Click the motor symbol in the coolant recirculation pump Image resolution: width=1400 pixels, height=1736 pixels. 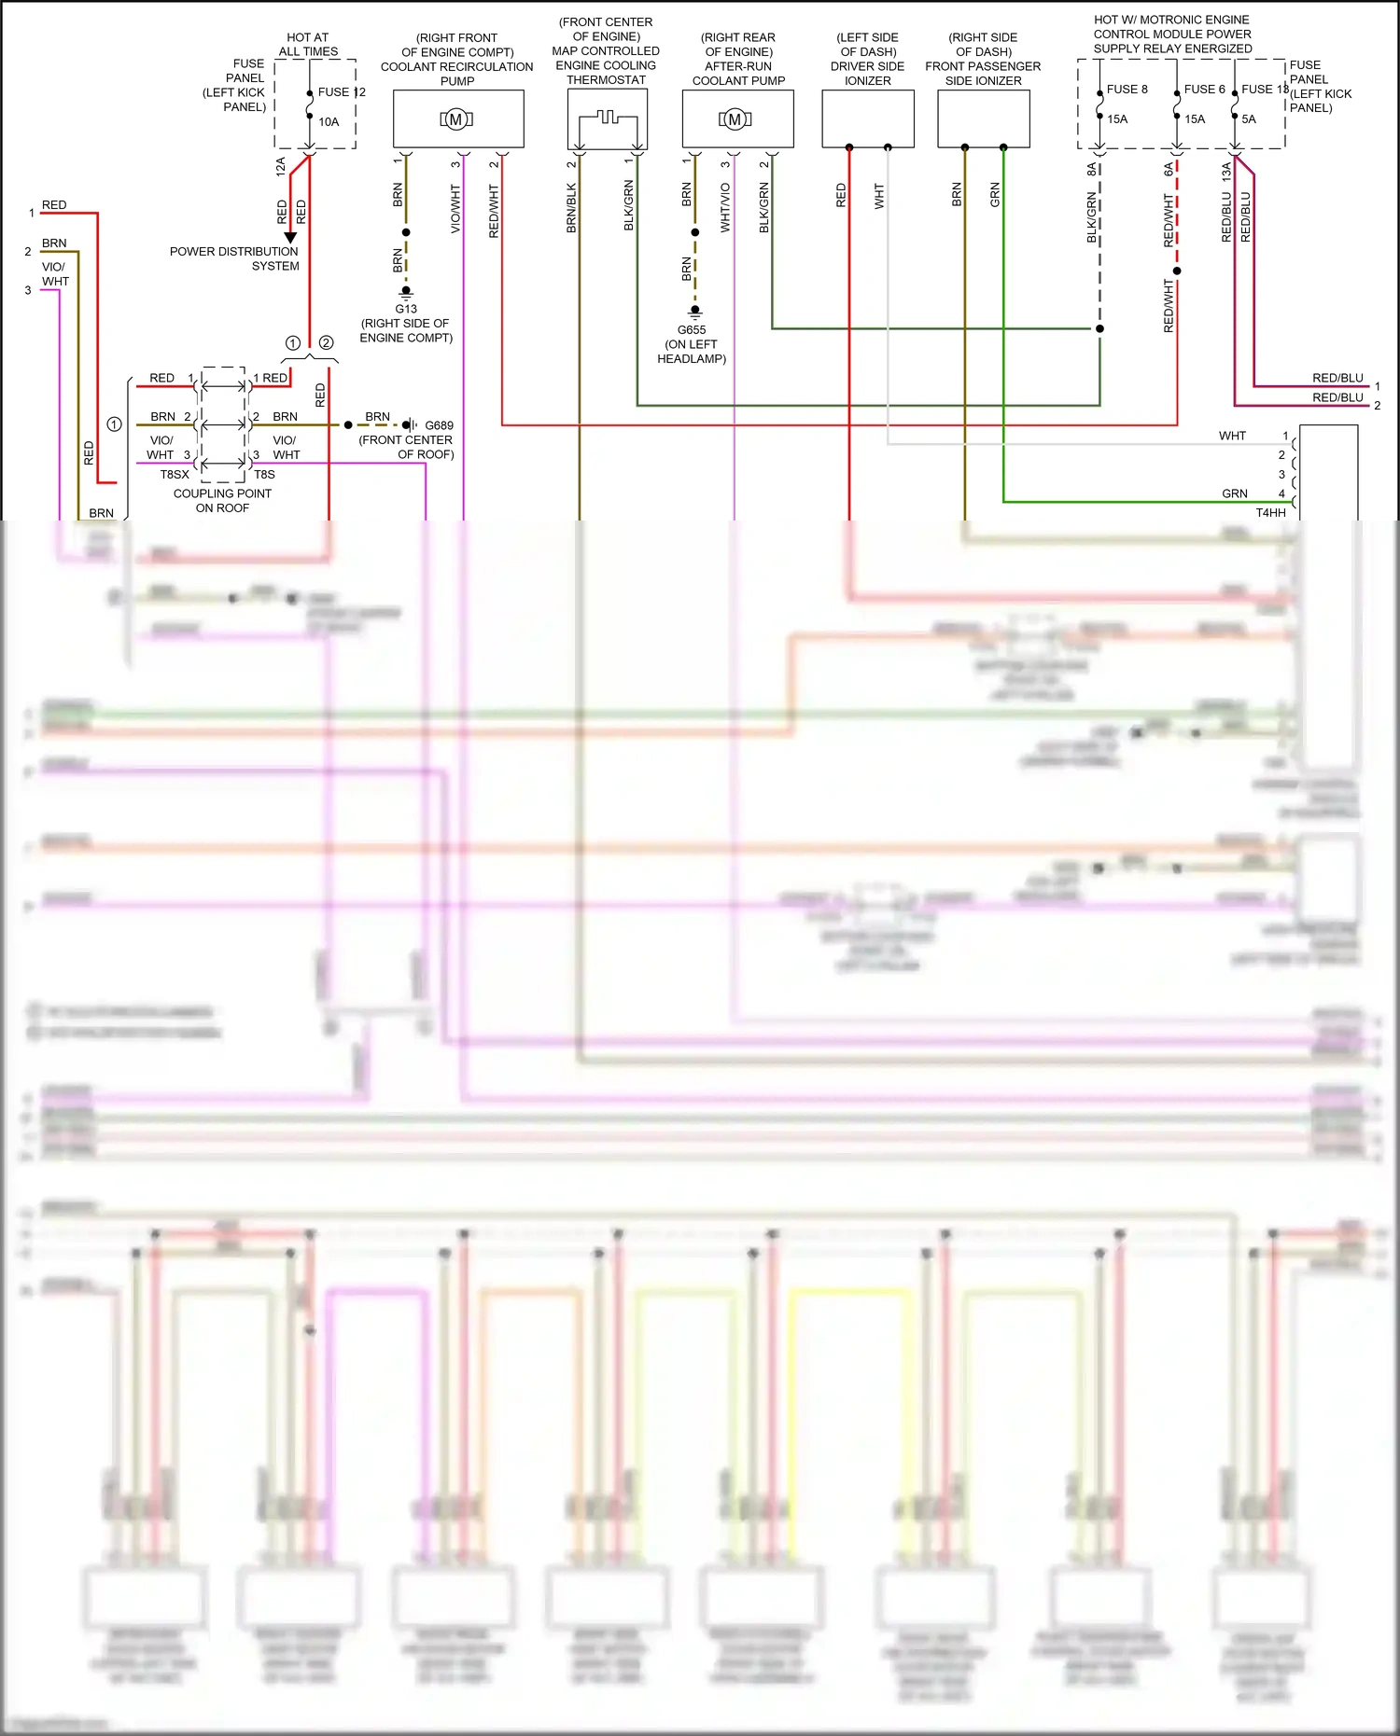tap(456, 119)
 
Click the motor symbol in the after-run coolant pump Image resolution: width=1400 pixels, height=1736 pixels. tap(735, 119)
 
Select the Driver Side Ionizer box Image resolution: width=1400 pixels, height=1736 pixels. tap(867, 118)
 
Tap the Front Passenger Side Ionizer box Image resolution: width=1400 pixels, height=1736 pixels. tap(983, 118)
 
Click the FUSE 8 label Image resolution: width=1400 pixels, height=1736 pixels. tap(1127, 90)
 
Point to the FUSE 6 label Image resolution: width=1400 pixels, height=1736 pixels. tap(1204, 90)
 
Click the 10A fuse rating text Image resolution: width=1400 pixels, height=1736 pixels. tap(329, 122)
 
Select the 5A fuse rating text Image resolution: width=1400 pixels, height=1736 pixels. tap(1249, 119)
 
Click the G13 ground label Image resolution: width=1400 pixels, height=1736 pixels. tap(406, 309)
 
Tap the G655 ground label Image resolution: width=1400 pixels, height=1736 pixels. tap(692, 330)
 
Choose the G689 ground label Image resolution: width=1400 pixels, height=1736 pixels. tap(439, 425)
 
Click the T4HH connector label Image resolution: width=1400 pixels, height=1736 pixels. tap(1270, 512)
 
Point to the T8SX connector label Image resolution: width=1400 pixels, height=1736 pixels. tap(175, 475)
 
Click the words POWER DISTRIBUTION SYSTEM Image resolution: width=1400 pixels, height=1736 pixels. tap(234, 258)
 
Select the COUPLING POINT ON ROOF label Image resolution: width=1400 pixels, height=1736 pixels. tap(222, 501)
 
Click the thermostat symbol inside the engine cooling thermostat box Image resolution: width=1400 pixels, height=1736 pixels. tap(607, 118)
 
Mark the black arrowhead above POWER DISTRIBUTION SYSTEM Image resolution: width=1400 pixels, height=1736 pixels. tap(290, 238)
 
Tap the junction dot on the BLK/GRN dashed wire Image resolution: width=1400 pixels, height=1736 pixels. tap(1099, 328)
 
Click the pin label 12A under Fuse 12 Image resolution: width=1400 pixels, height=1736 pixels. tap(281, 167)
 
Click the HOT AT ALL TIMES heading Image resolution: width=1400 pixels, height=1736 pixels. tap(308, 45)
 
